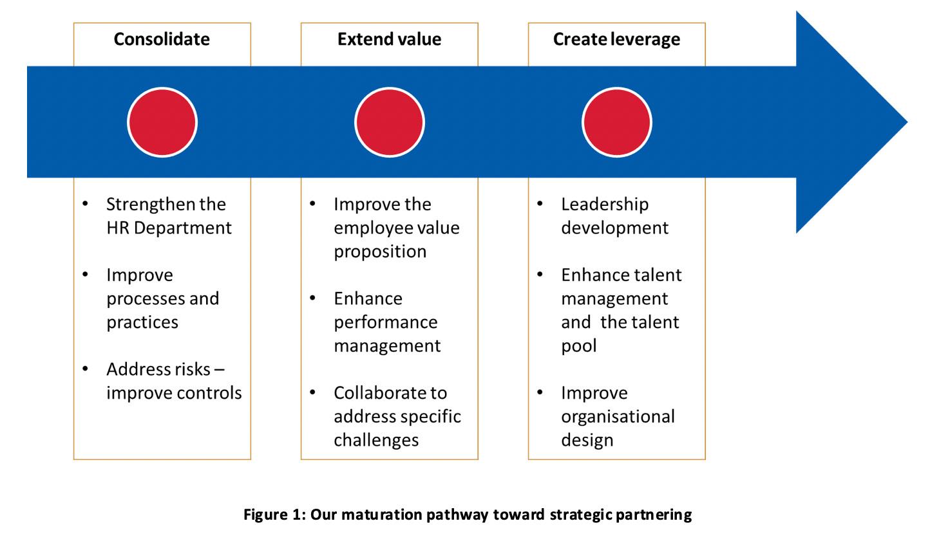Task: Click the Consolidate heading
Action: point(162,39)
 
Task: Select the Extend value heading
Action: point(389,39)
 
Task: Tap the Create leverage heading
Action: point(616,39)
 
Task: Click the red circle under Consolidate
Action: point(162,122)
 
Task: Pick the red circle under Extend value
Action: point(389,122)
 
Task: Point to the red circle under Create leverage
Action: point(616,122)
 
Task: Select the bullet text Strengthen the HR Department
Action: point(168,216)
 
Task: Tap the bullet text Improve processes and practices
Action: point(162,298)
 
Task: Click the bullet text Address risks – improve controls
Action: point(173,381)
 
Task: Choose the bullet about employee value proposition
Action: point(396,228)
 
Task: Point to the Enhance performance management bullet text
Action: point(386,322)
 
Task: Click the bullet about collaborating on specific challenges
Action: point(397,416)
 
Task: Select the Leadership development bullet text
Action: point(614,216)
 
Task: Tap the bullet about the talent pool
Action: point(620,310)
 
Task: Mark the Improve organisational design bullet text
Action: point(617,416)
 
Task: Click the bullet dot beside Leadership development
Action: point(540,204)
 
